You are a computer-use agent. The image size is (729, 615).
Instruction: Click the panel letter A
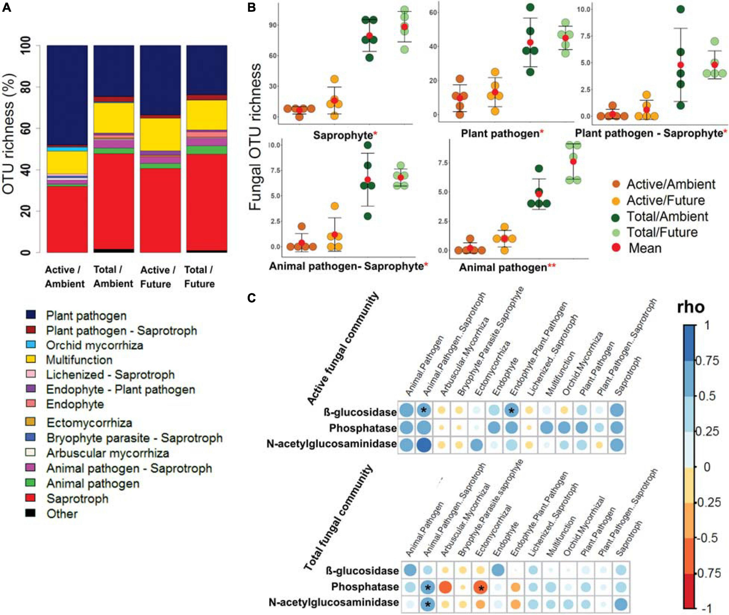(x=7, y=7)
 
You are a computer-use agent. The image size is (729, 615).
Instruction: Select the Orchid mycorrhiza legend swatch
(x=31, y=345)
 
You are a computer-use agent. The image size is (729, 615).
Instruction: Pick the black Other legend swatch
(x=31, y=513)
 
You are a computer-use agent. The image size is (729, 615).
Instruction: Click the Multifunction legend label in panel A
(x=79, y=360)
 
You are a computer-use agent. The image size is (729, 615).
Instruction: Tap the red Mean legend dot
(x=616, y=248)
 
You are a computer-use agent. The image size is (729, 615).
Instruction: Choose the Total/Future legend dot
(x=616, y=232)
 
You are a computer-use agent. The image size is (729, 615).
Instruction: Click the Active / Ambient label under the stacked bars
(x=64, y=277)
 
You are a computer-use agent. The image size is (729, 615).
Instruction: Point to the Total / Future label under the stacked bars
(x=199, y=277)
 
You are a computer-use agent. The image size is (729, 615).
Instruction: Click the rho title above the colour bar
(x=690, y=307)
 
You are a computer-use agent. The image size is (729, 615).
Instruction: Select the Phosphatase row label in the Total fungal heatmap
(x=365, y=587)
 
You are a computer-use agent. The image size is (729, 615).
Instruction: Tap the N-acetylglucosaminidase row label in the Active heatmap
(x=331, y=444)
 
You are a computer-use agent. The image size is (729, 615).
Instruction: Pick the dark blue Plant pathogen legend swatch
(x=31, y=315)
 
